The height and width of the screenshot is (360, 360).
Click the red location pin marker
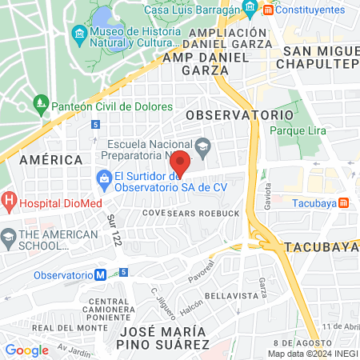tap(181, 162)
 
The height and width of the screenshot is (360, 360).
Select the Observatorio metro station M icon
tap(101, 274)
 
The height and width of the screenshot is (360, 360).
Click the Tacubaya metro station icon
tap(343, 202)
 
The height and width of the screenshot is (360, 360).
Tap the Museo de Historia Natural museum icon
tap(78, 34)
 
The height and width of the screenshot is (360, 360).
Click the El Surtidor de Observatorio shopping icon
tap(103, 178)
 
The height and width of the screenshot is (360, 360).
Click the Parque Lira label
tap(295, 130)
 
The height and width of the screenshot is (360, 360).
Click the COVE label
tap(153, 214)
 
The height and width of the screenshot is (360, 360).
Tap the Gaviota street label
tap(268, 195)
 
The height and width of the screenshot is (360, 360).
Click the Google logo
tap(26, 350)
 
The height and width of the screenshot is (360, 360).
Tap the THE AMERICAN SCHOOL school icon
tap(9, 237)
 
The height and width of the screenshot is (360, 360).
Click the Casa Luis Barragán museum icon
tap(250, 10)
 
